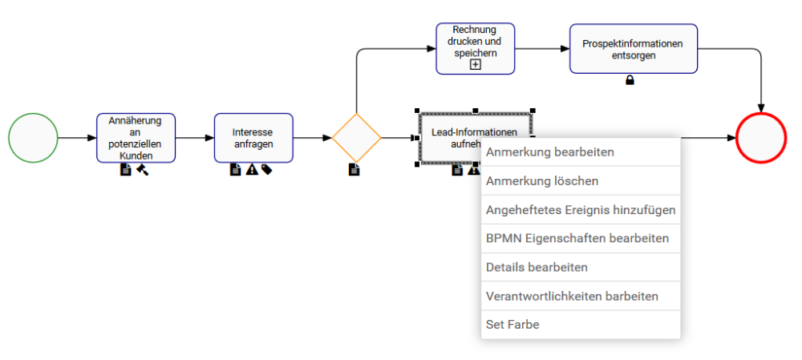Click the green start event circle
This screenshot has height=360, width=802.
(x=33, y=138)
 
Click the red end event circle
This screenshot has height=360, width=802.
(x=760, y=138)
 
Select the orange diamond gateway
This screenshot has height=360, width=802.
(x=356, y=138)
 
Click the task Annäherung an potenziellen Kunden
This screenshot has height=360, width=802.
(x=136, y=138)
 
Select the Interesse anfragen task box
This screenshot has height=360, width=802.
(x=253, y=138)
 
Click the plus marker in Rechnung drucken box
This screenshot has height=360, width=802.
(x=476, y=65)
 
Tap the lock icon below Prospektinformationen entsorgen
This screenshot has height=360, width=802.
(x=630, y=80)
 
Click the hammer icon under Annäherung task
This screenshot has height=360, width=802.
(x=142, y=169)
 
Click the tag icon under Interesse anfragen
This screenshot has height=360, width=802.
(x=266, y=169)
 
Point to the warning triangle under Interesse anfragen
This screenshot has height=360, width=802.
(x=252, y=169)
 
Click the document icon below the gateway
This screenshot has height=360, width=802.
(x=354, y=169)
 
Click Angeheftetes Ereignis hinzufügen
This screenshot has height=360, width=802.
(x=581, y=210)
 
